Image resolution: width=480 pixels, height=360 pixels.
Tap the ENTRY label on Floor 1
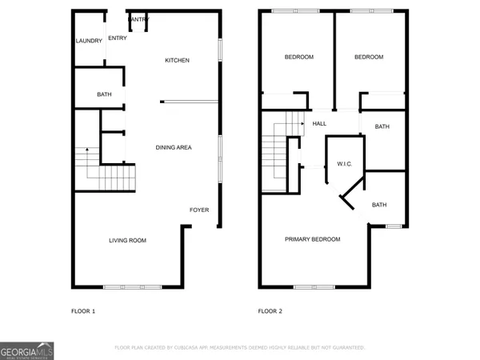coord(117,38)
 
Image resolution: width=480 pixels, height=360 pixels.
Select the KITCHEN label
coord(177,61)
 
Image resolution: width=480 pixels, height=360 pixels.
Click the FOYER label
coord(198,210)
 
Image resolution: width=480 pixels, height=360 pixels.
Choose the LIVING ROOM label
coord(127,240)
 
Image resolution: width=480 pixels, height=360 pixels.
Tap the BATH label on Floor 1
coord(104,95)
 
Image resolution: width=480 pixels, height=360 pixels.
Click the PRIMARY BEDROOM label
coord(313,239)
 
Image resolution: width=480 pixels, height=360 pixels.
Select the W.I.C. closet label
coord(345,164)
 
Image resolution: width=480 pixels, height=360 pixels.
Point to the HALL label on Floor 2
coord(319,124)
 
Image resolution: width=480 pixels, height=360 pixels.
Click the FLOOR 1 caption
coord(83,310)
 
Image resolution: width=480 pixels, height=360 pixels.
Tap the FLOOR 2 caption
coord(270,310)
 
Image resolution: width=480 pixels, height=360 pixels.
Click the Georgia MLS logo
coord(27,352)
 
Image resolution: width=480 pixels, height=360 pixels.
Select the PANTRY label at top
coord(138,19)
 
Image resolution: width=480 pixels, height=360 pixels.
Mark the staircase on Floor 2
coord(276,156)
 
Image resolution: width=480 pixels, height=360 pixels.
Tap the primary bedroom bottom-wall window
coord(314,286)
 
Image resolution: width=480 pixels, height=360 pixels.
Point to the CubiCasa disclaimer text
coord(239,348)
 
